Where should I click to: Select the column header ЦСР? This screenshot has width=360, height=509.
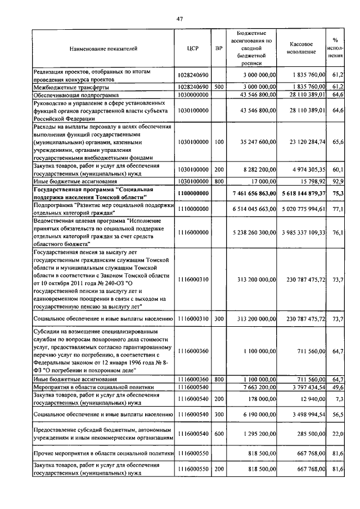tap(193, 48)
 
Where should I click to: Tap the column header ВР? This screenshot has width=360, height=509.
tap(219, 48)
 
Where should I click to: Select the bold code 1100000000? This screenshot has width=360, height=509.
tap(193, 193)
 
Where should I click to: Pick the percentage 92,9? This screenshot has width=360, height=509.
tap(337, 182)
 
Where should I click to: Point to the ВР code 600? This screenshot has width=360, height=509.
tap(219, 434)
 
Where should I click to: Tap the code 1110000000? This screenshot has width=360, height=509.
tap(193, 210)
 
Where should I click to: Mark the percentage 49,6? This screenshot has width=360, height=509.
tap(337, 388)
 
